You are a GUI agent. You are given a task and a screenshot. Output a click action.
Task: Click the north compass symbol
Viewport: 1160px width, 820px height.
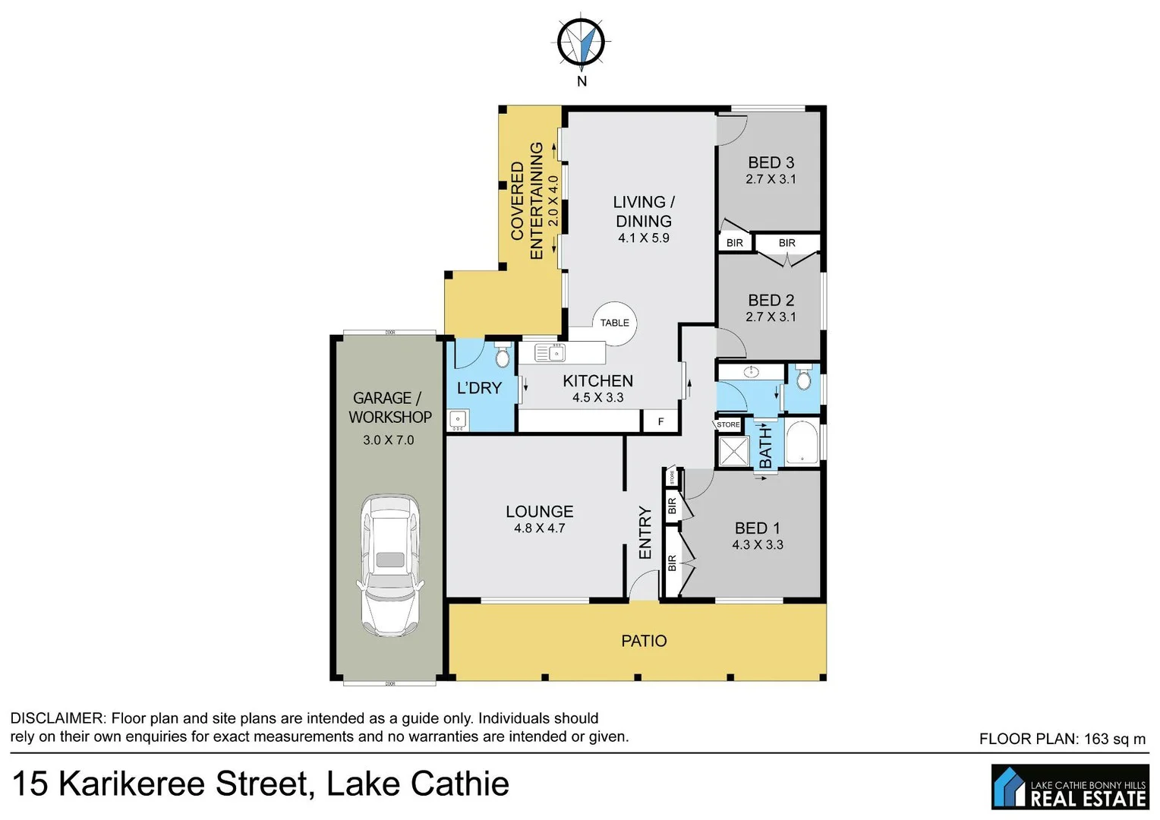click(581, 43)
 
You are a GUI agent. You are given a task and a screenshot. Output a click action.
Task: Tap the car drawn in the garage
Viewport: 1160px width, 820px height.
click(389, 565)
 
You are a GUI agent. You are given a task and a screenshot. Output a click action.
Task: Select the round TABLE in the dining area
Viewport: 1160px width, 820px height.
click(614, 323)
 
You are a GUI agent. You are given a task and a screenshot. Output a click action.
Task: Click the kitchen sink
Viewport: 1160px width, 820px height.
click(550, 353)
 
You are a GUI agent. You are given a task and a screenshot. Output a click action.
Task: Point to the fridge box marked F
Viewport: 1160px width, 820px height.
click(660, 421)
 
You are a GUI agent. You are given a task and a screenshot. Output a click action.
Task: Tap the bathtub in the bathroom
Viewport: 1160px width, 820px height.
click(801, 443)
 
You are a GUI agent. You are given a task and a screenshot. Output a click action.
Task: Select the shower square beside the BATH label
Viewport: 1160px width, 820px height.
click(733, 451)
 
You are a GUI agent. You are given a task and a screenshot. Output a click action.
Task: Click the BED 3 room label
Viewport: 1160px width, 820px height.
click(771, 162)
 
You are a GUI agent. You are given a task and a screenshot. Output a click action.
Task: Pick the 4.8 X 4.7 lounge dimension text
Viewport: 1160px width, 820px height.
click(539, 528)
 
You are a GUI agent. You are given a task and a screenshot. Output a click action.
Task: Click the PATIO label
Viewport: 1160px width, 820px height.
click(644, 641)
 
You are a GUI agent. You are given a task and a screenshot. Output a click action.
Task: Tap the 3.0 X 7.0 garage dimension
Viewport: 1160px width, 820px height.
click(388, 440)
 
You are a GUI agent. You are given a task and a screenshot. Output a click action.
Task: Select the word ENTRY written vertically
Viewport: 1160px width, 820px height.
click(645, 533)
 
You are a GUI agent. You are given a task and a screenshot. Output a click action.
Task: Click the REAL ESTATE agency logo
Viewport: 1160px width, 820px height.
click(1070, 787)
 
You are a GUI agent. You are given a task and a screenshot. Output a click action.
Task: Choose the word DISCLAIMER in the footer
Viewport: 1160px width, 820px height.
click(56, 718)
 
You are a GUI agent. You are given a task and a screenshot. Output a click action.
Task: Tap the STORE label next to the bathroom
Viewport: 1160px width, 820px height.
click(728, 424)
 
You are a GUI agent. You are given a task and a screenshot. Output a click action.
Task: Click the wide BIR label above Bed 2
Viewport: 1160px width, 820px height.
click(786, 243)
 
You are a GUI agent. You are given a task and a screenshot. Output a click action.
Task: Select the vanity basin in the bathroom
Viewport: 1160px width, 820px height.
click(751, 372)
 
